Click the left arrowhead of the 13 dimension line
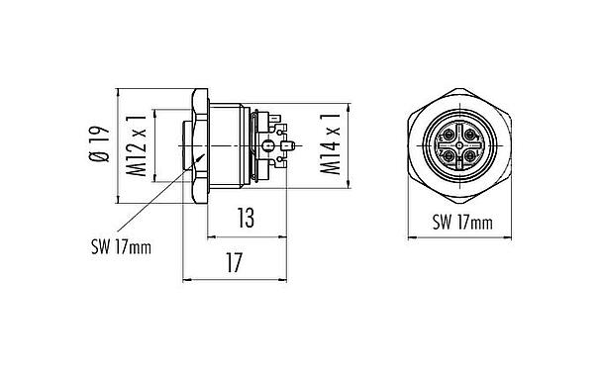click(x=209, y=237)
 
